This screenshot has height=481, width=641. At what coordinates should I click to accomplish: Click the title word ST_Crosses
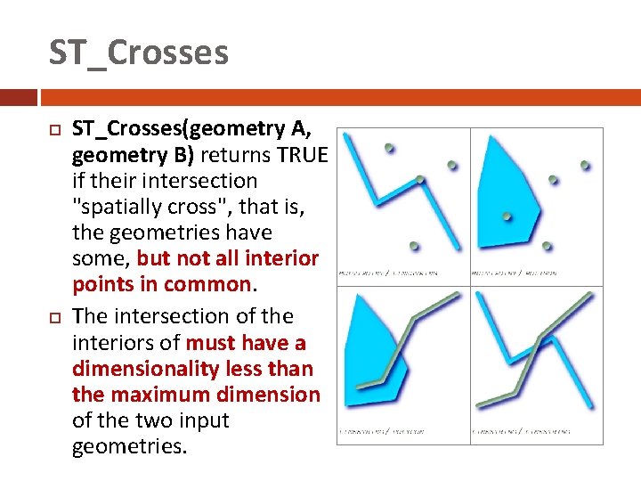pos(138,53)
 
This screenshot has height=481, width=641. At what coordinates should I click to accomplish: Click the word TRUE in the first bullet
pos(302,155)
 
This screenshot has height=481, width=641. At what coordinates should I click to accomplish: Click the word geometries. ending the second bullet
pos(129,445)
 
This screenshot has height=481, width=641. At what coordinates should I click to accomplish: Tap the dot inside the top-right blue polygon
pos(507,216)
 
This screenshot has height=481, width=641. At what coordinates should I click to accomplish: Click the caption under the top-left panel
pos(390,273)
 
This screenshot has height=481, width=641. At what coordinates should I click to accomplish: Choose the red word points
pos(103,284)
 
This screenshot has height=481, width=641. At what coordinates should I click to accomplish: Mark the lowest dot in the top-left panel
pos(413,245)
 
